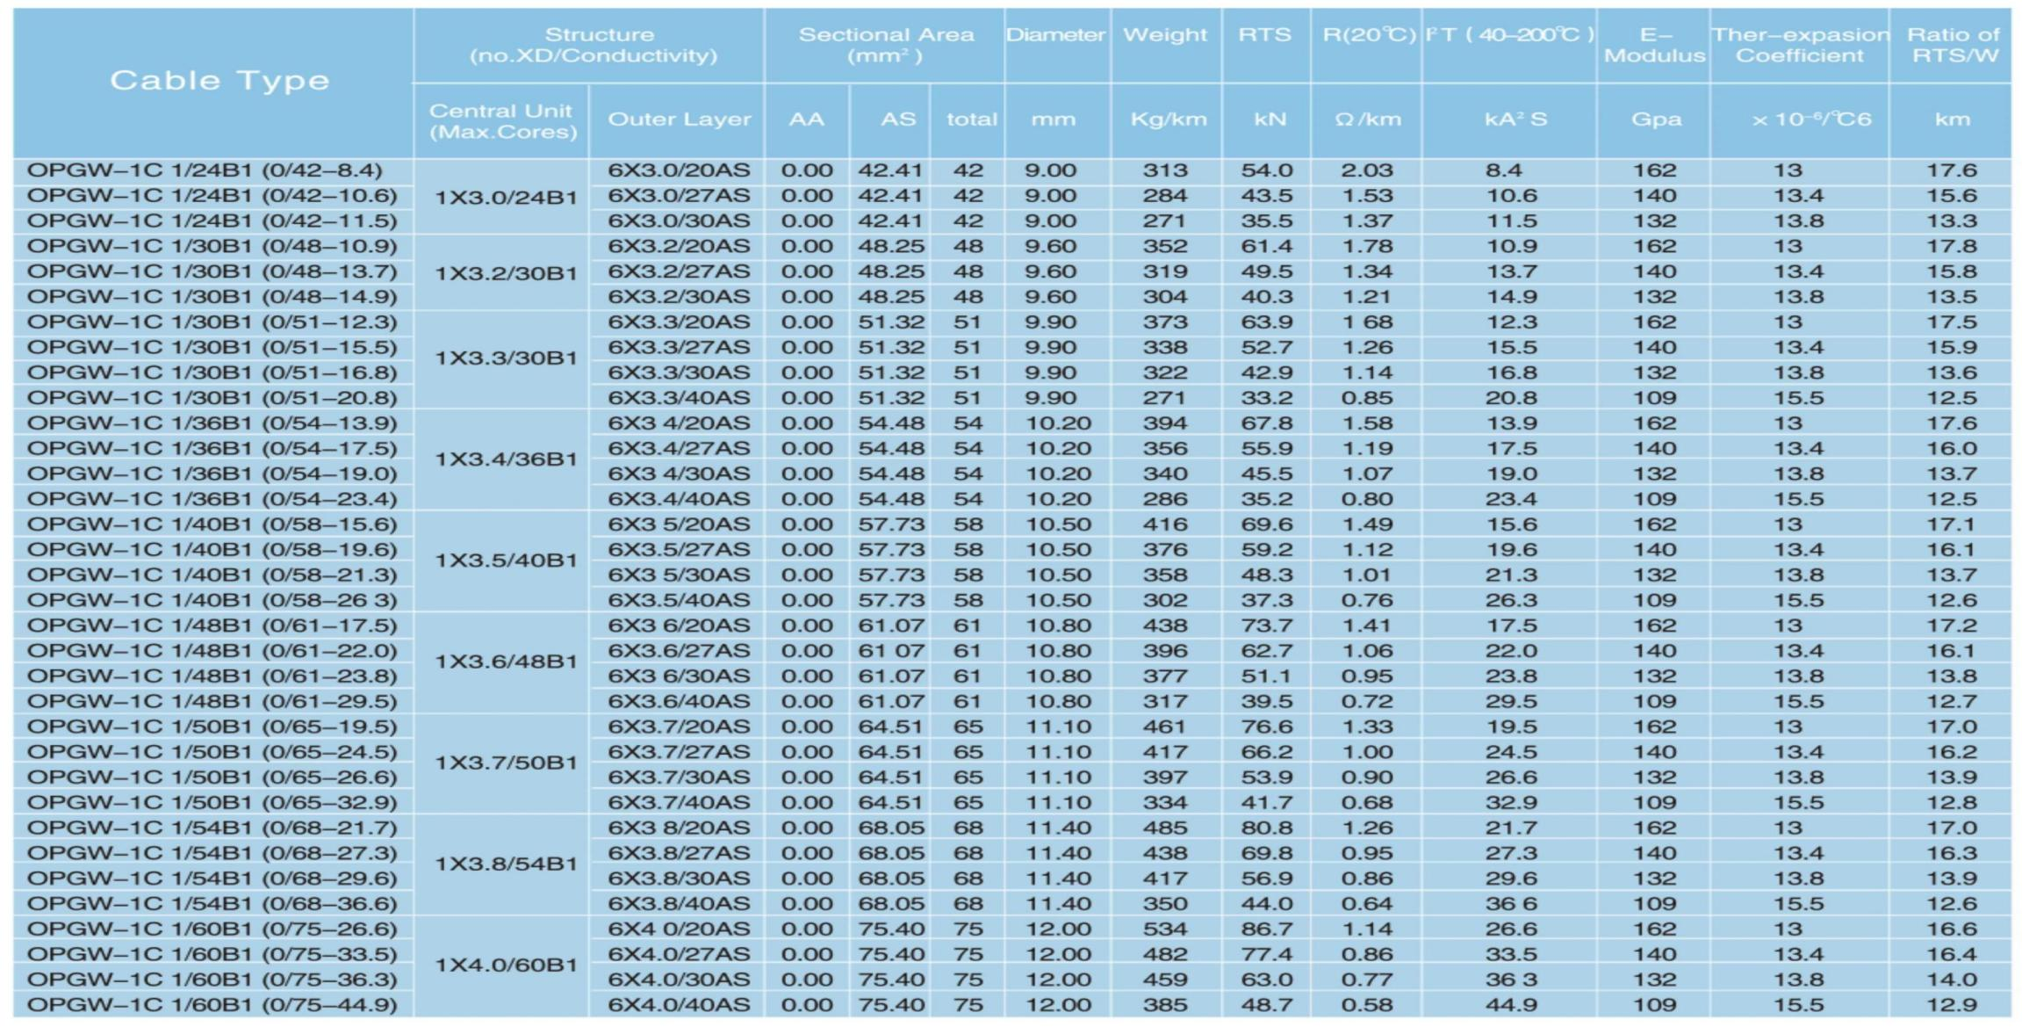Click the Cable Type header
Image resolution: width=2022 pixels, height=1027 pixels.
tap(219, 81)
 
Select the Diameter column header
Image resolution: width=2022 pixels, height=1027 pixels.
tap(1055, 35)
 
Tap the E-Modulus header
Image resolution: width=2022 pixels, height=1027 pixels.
tap(1654, 46)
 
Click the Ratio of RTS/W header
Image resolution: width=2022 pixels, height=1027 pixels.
tap(1953, 46)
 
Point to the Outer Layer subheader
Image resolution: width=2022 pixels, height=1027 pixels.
tap(679, 119)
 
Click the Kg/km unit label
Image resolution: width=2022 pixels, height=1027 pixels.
tap(1168, 119)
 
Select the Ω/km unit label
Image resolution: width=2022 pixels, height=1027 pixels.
tap(1367, 119)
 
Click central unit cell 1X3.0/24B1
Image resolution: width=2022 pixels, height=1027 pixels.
tap(506, 197)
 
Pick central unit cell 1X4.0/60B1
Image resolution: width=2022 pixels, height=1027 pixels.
tap(506, 966)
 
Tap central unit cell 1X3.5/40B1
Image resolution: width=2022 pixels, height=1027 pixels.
tap(506, 561)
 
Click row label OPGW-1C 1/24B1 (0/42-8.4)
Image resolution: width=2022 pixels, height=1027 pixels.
tap(205, 170)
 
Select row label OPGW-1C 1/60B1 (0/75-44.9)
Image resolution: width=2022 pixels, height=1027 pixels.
tap(212, 1005)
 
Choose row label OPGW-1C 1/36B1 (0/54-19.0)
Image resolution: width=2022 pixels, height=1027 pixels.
tap(212, 474)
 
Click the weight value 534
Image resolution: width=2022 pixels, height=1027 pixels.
tap(1165, 929)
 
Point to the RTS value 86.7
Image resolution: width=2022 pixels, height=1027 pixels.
tap(1266, 929)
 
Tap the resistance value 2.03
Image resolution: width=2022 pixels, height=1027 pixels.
tap(1366, 170)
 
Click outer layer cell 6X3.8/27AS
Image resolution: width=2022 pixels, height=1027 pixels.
tap(679, 854)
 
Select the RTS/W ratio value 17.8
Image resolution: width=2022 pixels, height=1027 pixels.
tap(1951, 247)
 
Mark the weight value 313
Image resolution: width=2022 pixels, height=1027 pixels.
tap(1165, 170)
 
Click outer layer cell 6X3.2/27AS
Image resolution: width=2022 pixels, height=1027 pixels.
tap(679, 272)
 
